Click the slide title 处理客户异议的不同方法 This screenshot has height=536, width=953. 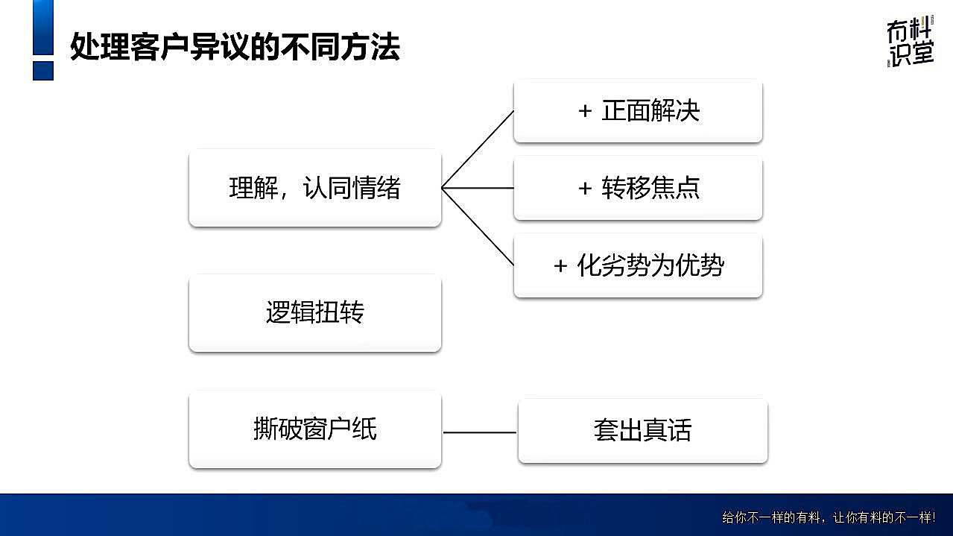pos(235,47)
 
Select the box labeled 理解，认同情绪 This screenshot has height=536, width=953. pos(314,188)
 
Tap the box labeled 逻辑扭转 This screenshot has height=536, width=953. pos(314,312)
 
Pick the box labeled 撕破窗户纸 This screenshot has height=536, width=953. pos(314,429)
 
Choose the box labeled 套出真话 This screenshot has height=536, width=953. pos(642,430)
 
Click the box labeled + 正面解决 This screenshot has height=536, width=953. pos(638,111)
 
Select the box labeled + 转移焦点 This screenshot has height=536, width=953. pos(638,188)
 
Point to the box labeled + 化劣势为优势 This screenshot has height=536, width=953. pos(638,265)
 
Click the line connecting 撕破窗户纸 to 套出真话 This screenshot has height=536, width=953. pos(479,432)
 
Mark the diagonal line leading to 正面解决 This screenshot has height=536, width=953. pos(478,149)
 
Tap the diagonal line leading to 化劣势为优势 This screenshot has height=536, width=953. pos(478,227)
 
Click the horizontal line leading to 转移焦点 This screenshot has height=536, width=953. pos(478,188)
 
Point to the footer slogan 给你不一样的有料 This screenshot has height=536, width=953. pos(828,517)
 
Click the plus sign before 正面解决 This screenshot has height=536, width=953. pos(585,112)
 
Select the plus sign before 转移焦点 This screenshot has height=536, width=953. pos(585,189)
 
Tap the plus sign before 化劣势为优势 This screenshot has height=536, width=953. pos(560,266)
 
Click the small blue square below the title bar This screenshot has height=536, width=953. pos(43,70)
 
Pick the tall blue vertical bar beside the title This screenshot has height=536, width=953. pos(43,27)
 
